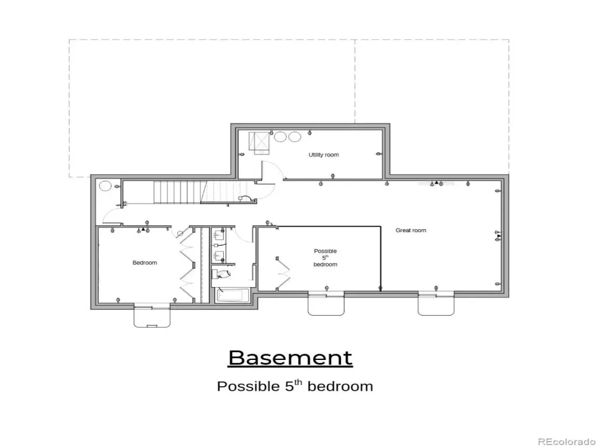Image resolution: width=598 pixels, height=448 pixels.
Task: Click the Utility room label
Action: pos(324,155)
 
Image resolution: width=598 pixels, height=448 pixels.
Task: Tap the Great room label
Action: pos(411,230)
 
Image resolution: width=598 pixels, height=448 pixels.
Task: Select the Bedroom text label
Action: pos(145,262)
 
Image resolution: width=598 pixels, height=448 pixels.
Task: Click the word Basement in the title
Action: pos(290,358)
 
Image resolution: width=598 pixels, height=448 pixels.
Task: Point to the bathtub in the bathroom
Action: pos(232,296)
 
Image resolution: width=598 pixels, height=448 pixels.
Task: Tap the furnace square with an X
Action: pos(259,141)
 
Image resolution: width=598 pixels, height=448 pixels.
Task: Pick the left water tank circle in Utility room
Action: pos(280,136)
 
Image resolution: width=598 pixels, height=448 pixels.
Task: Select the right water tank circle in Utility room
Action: pos(294,136)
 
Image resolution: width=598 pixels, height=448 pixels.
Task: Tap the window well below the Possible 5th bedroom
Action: pos(326,304)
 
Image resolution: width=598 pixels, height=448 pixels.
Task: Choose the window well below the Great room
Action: pos(436,304)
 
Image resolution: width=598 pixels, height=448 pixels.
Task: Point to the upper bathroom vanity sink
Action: pos(218,235)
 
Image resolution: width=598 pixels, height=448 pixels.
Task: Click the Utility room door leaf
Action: pos(262,172)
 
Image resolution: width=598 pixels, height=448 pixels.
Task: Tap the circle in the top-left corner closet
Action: pos(105,186)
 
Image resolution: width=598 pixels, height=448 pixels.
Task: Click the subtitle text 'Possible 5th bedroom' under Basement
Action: pos(295,386)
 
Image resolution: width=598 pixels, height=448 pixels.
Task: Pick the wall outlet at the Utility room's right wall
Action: pos(378,154)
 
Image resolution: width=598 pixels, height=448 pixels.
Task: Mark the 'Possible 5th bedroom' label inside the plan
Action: pos(325,257)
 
